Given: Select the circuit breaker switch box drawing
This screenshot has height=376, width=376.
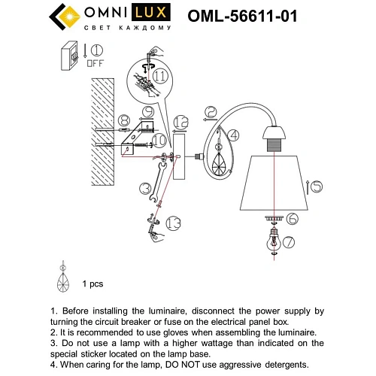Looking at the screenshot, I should tap(71, 57).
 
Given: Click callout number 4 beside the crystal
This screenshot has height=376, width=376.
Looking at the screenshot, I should tap(233, 136).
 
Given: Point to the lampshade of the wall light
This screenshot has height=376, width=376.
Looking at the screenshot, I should tap(274, 181).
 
